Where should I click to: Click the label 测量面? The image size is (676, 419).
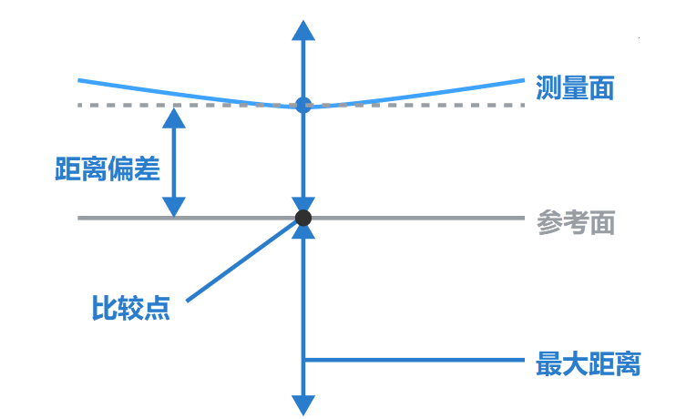click(576, 88)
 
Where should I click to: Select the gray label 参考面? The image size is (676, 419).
click(576, 224)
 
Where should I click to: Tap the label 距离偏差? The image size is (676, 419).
click(108, 169)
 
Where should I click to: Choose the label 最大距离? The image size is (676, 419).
click(589, 364)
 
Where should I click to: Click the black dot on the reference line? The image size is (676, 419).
click(303, 218)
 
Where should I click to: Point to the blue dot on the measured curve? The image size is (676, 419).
click(303, 105)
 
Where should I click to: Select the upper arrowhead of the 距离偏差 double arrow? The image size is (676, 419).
click(174, 118)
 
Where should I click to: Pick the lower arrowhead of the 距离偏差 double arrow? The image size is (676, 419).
click(174, 207)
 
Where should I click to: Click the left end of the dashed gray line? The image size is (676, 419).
click(81, 106)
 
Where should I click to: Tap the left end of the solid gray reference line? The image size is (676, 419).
click(81, 218)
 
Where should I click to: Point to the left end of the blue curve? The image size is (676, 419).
click(81, 81)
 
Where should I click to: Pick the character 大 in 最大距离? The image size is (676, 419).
click(576, 364)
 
